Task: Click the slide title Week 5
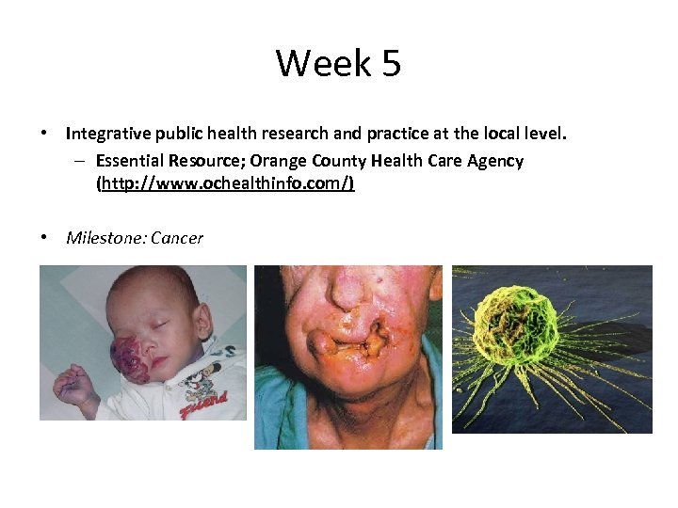click(338, 64)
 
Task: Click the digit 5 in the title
click(392, 64)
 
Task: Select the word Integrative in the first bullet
click(106, 135)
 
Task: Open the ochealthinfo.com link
click(225, 184)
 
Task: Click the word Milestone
click(98, 238)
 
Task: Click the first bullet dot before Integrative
click(44, 135)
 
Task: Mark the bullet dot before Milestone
click(44, 238)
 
